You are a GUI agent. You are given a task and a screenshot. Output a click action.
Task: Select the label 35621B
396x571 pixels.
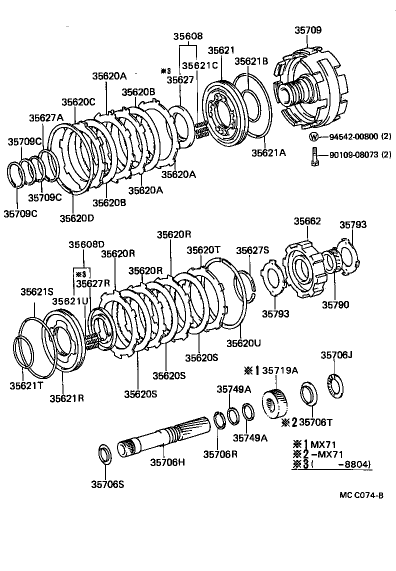click(x=252, y=61)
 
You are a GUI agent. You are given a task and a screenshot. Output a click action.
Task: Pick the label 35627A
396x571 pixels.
click(x=46, y=118)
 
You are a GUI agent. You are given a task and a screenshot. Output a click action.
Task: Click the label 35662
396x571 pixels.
click(x=307, y=221)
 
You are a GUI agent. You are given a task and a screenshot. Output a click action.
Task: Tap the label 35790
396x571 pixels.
click(x=335, y=304)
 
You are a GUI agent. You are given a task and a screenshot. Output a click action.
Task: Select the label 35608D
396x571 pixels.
click(x=86, y=244)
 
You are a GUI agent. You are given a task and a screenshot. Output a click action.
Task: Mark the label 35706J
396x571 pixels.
click(x=336, y=355)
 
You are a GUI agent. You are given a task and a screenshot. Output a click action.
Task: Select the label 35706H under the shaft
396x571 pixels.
click(x=167, y=462)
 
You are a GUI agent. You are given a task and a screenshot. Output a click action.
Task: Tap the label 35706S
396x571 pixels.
click(x=107, y=483)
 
